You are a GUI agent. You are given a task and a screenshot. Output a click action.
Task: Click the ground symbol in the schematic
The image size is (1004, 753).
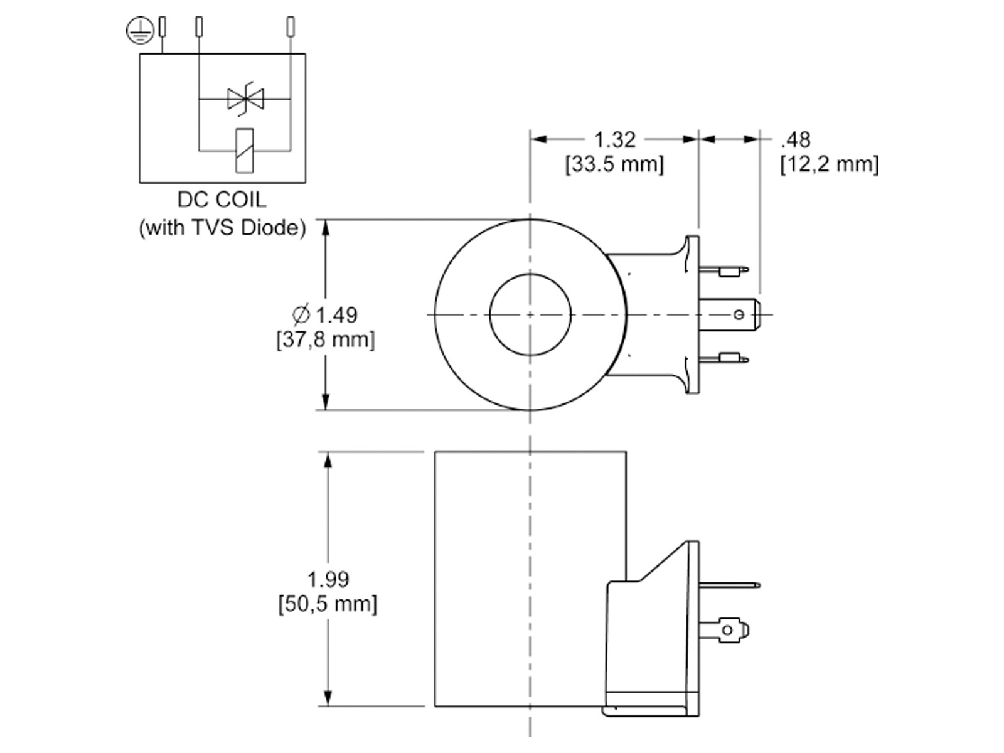[x=139, y=31]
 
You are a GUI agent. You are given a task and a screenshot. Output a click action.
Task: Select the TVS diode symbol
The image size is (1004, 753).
[x=245, y=99]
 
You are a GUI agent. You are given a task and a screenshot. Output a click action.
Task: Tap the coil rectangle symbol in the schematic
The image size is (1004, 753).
[x=244, y=151]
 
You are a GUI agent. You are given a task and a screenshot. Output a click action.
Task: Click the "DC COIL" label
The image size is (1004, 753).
[x=222, y=200]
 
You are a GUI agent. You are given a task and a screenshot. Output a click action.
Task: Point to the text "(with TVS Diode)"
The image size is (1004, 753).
[x=222, y=227]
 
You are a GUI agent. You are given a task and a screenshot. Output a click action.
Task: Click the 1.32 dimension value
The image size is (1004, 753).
[x=614, y=139]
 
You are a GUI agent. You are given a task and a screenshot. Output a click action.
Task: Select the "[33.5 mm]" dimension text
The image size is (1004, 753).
[x=614, y=164]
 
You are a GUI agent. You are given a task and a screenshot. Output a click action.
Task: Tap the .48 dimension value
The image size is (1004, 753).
[x=796, y=140]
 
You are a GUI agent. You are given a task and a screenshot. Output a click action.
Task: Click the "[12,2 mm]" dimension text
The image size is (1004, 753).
[x=830, y=164]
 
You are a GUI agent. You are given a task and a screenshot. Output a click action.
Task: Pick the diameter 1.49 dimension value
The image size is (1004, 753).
[x=325, y=315]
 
